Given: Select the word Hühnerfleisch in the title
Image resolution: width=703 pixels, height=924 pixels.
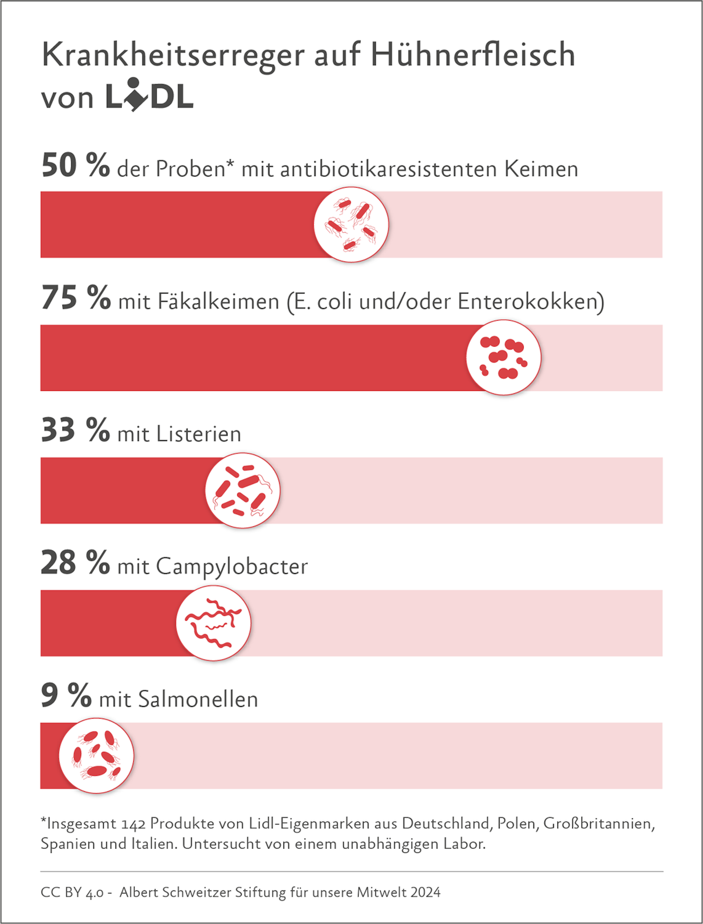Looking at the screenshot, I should click(x=473, y=55).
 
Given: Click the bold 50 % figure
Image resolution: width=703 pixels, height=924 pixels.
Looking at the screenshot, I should click(x=75, y=166).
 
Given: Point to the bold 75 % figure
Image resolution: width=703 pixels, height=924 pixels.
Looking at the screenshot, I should click(x=76, y=298).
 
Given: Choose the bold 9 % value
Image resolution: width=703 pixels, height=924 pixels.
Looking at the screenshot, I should click(x=66, y=696).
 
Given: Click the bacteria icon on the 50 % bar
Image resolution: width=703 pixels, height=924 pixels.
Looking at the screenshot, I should click(x=351, y=224).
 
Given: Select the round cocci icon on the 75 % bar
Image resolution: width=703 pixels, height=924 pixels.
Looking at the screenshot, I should click(x=503, y=357).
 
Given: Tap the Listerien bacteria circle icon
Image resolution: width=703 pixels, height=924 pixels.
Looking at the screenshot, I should click(x=242, y=490).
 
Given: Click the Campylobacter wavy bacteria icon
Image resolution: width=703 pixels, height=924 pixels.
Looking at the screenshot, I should click(x=213, y=623).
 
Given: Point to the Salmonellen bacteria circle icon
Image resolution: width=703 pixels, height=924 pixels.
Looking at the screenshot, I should click(x=96, y=756).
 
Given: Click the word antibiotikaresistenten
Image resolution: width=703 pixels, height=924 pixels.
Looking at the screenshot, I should click(x=388, y=170).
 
